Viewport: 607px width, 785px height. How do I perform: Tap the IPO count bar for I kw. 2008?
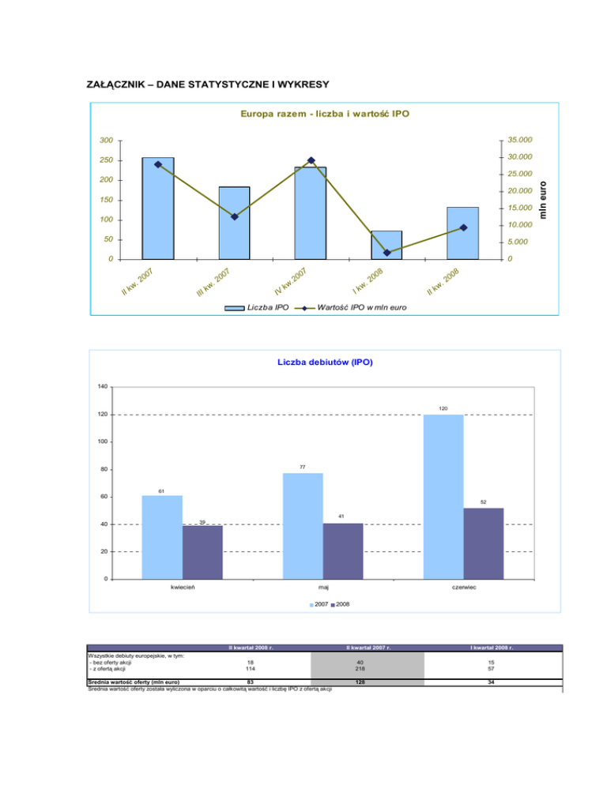pos(386,245)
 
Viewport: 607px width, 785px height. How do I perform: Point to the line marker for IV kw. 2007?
pos(311,161)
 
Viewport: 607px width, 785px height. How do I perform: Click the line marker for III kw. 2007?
pos(235,217)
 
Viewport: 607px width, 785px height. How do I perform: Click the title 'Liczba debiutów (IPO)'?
pos(324,362)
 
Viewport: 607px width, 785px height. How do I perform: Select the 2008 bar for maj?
pos(343,550)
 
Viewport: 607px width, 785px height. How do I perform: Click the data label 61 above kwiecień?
pos(161,490)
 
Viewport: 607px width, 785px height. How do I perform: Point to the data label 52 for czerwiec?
pos(484,502)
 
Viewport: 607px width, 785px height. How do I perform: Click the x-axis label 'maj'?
pos(323,588)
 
